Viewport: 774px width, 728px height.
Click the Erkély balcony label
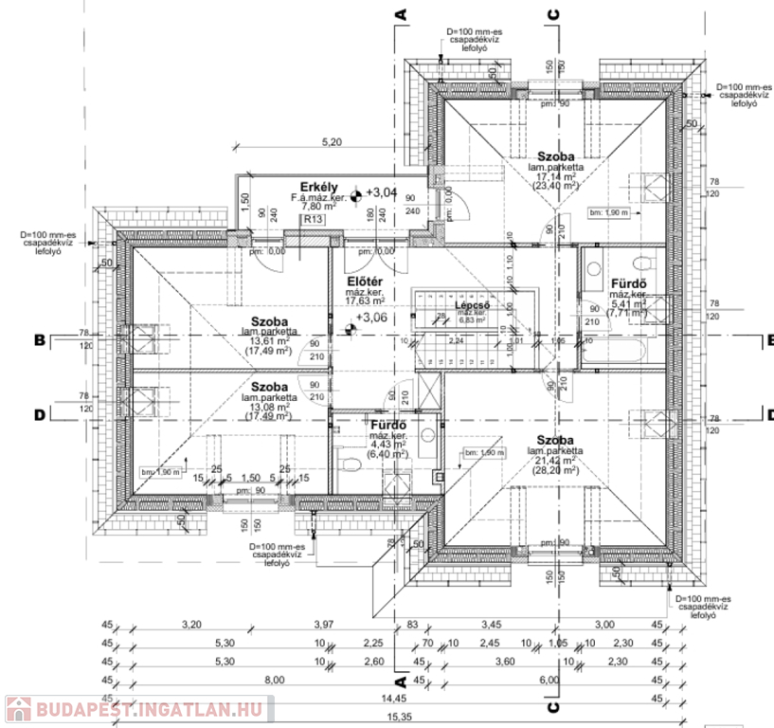pyautogui.click(x=314, y=186)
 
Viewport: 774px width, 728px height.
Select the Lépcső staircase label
pyautogui.click(x=472, y=305)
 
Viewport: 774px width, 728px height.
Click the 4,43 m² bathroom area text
pyautogui.click(x=387, y=444)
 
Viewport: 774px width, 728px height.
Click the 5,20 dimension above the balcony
pyautogui.click(x=332, y=142)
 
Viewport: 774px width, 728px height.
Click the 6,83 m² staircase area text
pyautogui.click(x=472, y=320)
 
